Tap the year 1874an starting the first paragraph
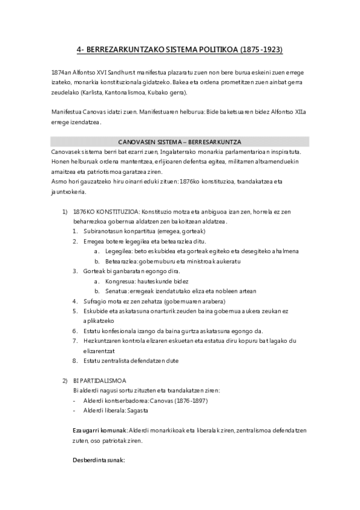(62, 72)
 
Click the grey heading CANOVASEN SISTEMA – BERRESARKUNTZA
(180, 142)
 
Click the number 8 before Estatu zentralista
(75, 360)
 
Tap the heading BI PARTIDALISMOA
(99, 380)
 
